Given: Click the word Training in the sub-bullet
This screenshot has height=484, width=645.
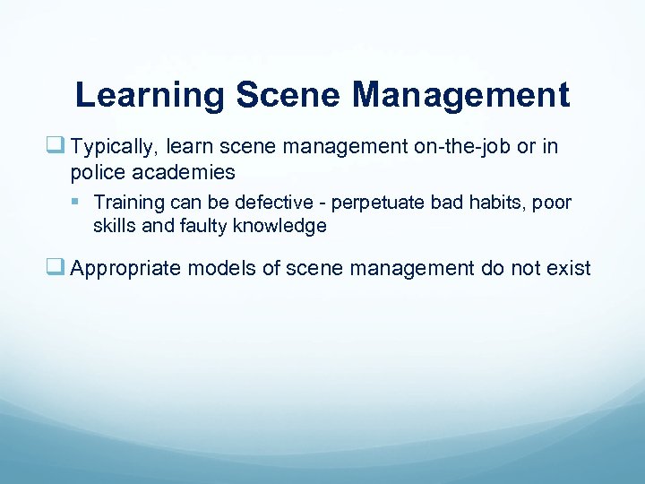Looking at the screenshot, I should (x=127, y=203).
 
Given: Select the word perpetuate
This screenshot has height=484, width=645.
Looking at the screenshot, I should (x=363, y=203).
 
